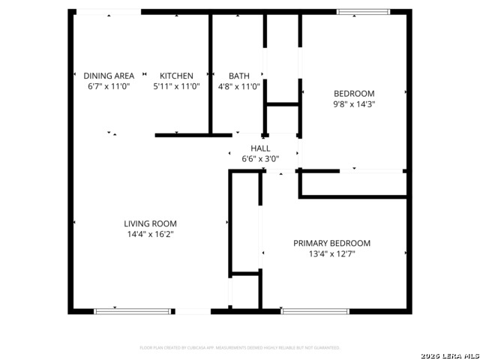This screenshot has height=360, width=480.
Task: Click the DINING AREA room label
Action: (109, 76)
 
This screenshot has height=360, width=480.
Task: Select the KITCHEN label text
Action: (176, 76)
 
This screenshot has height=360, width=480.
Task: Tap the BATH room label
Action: (239, 76)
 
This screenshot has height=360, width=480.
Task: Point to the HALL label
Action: (260, 148)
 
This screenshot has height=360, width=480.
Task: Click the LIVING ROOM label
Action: (150, 223)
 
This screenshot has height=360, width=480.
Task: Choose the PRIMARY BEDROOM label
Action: (331, 243)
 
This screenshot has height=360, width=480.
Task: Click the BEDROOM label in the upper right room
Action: (354, 94)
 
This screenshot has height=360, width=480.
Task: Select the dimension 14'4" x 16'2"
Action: (150, 234)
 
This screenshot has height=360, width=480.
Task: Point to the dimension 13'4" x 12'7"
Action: (331, 254)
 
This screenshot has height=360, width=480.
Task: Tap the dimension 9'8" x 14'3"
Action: (354, 104)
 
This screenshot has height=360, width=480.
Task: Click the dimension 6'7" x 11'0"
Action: (109, 86)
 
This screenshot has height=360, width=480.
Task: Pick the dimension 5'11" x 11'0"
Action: (176, 86)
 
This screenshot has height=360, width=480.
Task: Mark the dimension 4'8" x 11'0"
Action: (239, 86)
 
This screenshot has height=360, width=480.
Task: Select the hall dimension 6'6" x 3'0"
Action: (260, 159)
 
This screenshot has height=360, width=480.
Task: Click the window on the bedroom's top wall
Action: (363, 12)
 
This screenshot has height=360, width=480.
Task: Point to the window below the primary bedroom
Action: (315, 310)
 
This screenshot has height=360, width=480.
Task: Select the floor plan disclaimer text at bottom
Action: (240, 348)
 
